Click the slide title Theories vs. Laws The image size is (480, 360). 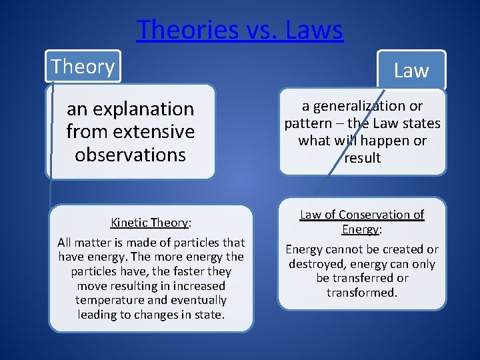coord(240,30)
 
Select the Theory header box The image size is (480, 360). coord(83,67)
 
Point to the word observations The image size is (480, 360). coord(130,155)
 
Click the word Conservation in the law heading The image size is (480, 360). coord(375,215)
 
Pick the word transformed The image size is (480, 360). coord(362,293)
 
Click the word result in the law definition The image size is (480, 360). coord(362,158)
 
